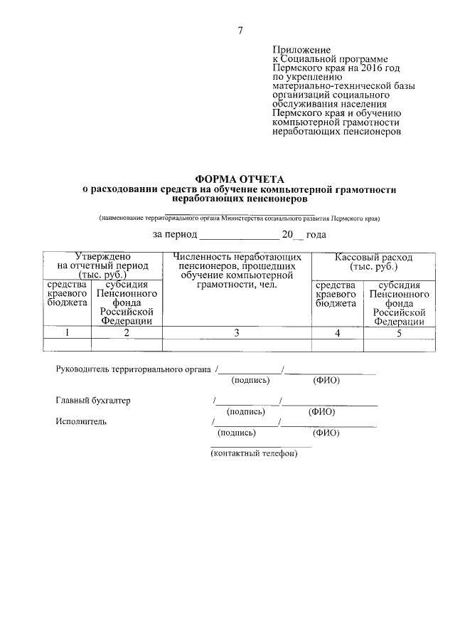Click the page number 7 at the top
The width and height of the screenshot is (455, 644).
(x=240, y=30)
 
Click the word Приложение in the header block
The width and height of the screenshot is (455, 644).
(x=302, y=50)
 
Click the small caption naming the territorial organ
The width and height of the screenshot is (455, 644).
(x=240, y=218)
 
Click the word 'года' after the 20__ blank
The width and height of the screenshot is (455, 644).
(x=316, y=235)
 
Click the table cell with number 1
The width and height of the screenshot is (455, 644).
(x=67, y=332)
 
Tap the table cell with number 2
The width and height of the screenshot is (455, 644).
(x=127, y=332)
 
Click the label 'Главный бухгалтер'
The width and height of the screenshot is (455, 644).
(x=93, y=401)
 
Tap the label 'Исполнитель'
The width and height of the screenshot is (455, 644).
(x=81, y=421)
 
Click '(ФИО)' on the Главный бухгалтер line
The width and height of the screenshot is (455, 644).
(x=322, y=411)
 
